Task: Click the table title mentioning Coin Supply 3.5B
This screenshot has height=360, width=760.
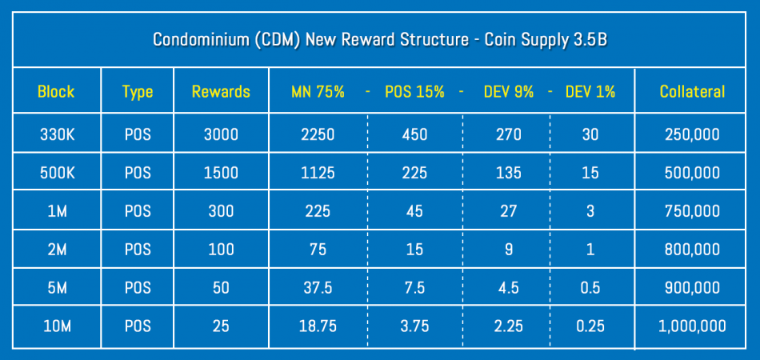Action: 380,40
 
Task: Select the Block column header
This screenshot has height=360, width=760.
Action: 56,91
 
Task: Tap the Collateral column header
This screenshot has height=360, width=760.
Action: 692,91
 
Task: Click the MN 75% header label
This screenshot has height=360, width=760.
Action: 318,91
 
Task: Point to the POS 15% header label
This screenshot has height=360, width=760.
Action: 414,91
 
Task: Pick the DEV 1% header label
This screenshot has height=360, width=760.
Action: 590,91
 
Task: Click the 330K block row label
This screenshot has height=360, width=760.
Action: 56,135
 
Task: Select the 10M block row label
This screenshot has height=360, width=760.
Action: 56,326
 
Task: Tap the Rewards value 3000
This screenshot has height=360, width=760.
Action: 221,135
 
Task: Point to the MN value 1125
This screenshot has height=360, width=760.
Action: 318,174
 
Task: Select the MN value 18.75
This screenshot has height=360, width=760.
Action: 318,326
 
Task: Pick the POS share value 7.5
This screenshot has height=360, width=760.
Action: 414,288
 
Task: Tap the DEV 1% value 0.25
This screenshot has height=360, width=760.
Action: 590,326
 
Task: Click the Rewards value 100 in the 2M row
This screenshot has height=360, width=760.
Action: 221,250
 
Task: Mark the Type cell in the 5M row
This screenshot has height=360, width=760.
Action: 137,288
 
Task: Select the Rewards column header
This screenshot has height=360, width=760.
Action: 221,91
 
